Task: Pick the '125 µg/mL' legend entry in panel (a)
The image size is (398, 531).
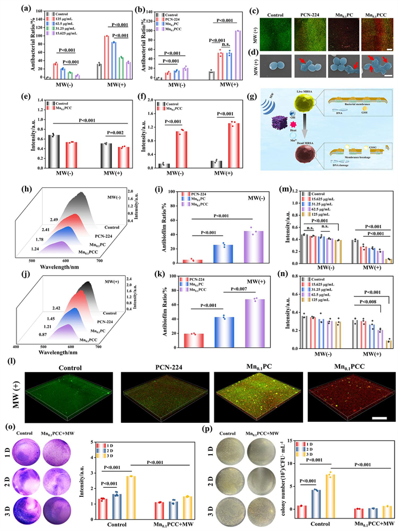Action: (x=56, y=17)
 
